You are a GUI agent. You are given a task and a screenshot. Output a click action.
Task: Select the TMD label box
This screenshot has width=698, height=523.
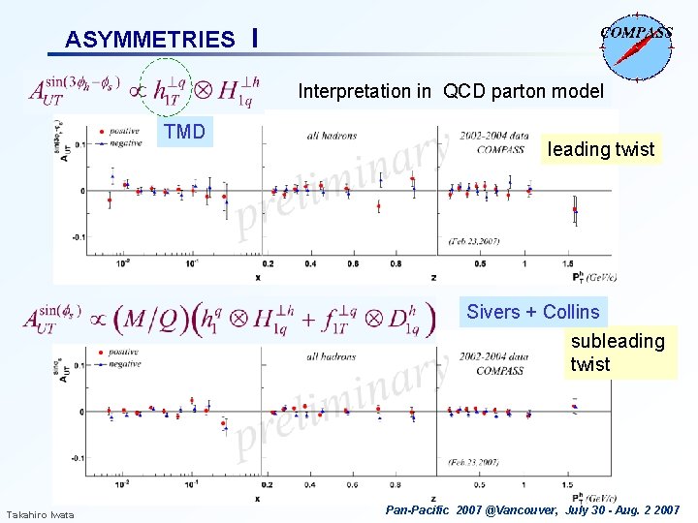pos(184,132)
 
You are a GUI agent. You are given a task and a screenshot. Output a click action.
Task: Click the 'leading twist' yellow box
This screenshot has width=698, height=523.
pos(601,149)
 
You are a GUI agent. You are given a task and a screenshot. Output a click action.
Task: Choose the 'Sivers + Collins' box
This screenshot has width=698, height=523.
pos(532,312)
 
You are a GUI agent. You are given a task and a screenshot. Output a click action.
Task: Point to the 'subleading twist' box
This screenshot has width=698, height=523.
pos(618,353)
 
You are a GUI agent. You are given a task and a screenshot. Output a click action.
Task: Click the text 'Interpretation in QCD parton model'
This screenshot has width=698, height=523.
pos(450,91)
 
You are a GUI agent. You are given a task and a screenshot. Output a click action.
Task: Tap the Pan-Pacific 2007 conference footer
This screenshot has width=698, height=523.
pos(532,509)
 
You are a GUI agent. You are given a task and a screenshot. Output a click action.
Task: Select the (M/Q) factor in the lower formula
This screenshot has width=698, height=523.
pos(150,318)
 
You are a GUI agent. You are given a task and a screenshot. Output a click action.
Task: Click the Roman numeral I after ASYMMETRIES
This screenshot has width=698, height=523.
pos(253,38)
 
